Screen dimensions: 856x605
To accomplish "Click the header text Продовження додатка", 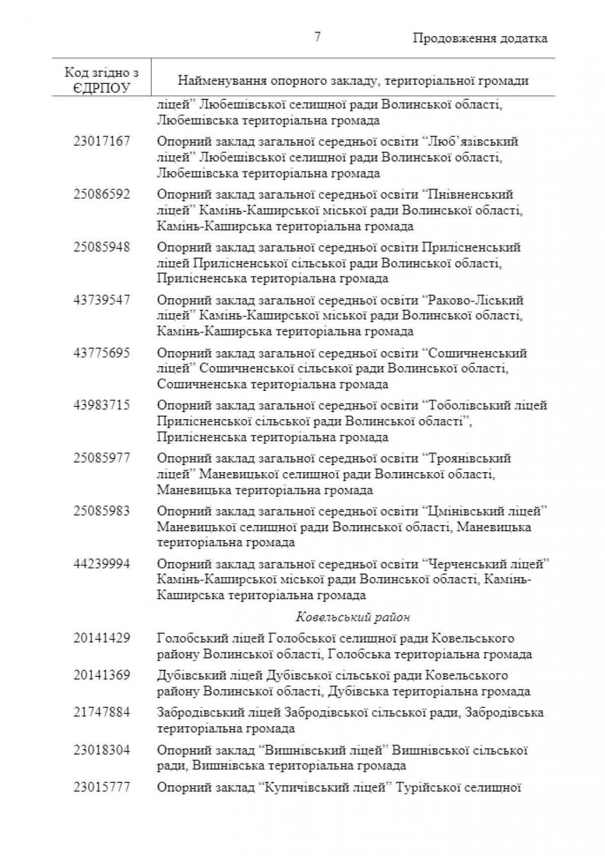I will click(x=480, y=38).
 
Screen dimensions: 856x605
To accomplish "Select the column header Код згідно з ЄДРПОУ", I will click(x=102, y=80).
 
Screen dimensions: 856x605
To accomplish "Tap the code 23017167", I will click(x=102, y=141).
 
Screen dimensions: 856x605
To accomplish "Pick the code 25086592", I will click(x=102, y=194).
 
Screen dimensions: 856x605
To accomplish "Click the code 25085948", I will click(x=102, y=247).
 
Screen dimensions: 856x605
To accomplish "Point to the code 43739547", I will click(x=102, y=300).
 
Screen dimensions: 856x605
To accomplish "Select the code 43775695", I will click(x=102, y=353).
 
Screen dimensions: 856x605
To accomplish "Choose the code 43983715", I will click(x=102, y=405).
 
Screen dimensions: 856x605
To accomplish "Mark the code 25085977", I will click(x=102, y=458).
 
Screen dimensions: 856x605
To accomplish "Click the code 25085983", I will click(x=102, y=511).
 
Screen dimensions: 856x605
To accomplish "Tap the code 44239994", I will click(x=102, y=563).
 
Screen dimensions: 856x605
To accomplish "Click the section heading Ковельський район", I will click(x=353, y=617).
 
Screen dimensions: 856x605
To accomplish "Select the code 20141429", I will click(x=102, y=638).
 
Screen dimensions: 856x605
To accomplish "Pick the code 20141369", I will click(x=102, y=675).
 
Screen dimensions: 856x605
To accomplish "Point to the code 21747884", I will click(x=102, y=712).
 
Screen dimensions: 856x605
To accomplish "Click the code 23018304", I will click(x=102, y=750).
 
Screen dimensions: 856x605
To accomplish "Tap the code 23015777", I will click(x=102, y=787).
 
